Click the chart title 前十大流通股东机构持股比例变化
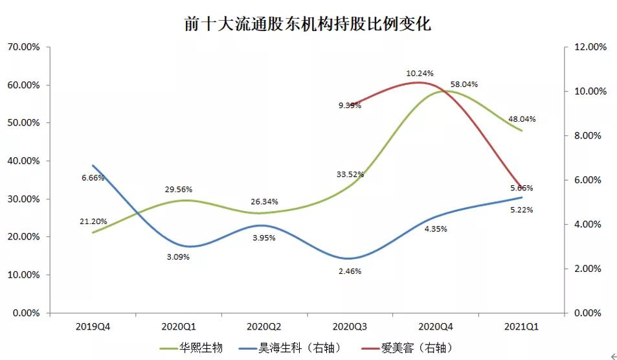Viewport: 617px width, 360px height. point(308,25)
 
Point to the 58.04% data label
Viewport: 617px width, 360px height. point(464,84)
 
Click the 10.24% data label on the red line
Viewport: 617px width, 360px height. point(420,73)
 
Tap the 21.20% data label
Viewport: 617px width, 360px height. point(93,221)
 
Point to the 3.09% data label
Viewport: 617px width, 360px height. point(178,258)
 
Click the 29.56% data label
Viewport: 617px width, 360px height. point(178,190)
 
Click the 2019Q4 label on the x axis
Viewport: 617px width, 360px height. point(93,326)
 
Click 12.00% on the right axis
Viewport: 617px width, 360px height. point(590,47)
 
